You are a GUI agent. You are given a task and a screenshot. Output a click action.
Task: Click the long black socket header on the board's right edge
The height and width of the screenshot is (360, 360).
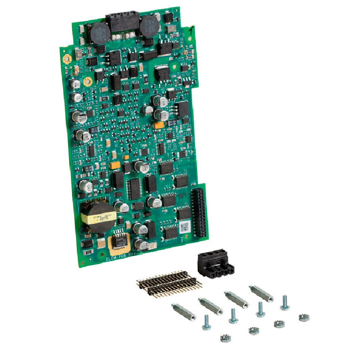(199, 213)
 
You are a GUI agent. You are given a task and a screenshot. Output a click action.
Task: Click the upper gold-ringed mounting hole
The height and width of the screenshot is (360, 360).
(66, 59)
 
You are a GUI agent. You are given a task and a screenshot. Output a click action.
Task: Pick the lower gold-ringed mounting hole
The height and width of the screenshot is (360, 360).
(87, 82)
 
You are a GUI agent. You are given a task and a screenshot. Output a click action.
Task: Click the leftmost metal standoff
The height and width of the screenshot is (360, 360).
(184, 312)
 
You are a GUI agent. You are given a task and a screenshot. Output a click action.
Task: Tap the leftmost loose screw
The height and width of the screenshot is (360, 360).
(206, 322)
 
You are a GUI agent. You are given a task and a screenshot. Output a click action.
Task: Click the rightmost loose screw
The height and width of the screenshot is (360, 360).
(284, 302)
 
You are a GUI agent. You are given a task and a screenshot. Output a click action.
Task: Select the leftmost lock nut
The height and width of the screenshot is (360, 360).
(226, 338)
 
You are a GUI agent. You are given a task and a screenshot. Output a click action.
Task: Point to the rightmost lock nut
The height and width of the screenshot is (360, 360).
(304, 318)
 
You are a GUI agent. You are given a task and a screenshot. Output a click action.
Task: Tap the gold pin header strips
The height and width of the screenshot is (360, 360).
(169, 283)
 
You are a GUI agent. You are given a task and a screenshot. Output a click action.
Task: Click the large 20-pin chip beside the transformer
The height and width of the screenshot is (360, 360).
(134, 188)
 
